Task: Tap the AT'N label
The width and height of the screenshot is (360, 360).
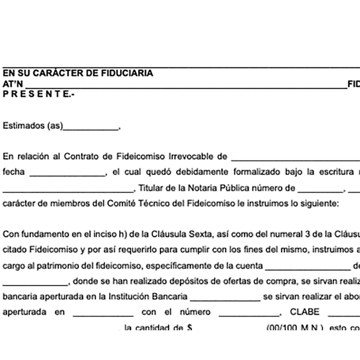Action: click(13, 84)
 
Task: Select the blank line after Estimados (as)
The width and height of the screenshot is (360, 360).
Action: click(91, 127)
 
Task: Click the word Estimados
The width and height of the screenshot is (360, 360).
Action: click(23, 126)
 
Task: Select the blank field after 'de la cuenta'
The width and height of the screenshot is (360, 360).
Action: click(307, 267)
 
